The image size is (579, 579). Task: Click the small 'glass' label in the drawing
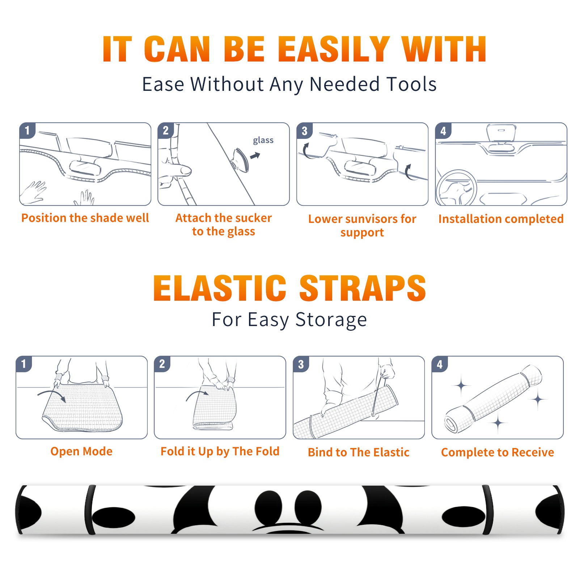coord(263,140)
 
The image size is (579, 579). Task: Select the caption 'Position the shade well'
coord(85,218)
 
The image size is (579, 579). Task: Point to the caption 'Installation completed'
coord(501,219)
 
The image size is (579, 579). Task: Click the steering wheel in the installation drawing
coord(457,187)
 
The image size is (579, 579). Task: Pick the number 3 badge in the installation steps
coord(304,131)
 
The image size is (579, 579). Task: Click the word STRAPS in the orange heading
coord(363,288)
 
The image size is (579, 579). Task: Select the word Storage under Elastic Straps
coord(331,320)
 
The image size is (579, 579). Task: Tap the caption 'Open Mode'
coord(81,451)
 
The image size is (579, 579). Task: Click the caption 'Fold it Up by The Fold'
coord(220,452)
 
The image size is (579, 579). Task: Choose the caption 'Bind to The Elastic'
coord(359,452)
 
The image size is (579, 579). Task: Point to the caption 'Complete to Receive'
coord(498,452)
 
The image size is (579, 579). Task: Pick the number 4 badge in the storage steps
coord(440,364)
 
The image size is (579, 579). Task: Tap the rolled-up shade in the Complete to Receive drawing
coord(493,399)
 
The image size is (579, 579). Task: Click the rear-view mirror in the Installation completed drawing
coord(501,134)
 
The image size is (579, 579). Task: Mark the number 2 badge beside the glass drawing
coord(166,130)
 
